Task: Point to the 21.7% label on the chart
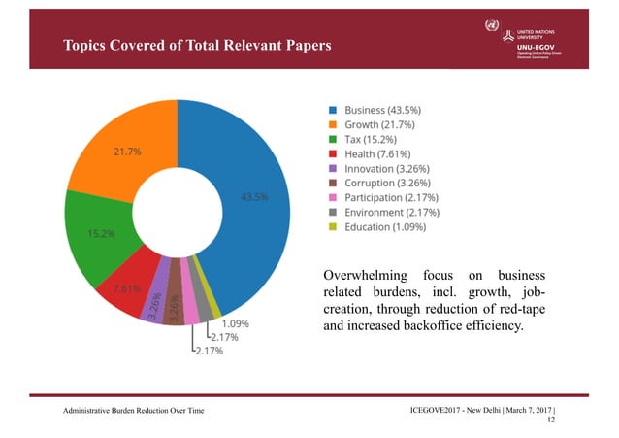tap(128, 152)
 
